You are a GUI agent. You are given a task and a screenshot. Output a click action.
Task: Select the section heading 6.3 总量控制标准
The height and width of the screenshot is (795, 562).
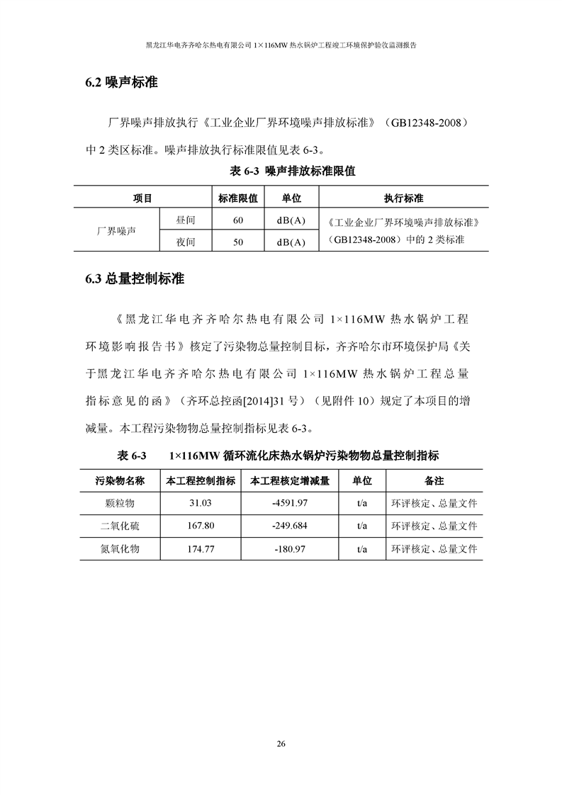[x=134, y=279]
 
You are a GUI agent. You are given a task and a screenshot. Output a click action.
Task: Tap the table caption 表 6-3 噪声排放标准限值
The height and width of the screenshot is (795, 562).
[x=293, y=171]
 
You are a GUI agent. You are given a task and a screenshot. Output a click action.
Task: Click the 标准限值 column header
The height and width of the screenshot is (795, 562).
[x=237, y=198]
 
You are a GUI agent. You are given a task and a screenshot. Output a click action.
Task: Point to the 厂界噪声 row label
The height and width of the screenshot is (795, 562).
[x=116, y=231]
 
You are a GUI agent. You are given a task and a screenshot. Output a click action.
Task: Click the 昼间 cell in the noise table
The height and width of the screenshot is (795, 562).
[x=185, y=220]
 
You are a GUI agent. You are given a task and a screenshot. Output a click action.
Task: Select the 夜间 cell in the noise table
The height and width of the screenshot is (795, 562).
[x=185, y=242]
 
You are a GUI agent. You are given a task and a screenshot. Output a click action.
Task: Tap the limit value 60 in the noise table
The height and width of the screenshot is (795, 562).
[x=237, y=220]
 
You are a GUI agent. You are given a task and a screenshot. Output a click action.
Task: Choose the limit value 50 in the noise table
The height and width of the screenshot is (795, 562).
[x=237, y=242]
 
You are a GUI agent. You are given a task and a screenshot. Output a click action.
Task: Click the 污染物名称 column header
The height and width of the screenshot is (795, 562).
[x=120, y=480]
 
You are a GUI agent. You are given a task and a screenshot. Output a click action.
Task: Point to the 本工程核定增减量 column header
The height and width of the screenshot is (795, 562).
[x=289, y=480]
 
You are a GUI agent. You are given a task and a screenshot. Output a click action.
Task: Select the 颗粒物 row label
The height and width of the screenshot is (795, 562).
[x=120, y=503]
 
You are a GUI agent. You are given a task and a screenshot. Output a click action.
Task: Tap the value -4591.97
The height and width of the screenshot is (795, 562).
[x=289, y=503]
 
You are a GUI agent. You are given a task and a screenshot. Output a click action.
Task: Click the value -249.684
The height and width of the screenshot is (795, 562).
[x=289, y=526]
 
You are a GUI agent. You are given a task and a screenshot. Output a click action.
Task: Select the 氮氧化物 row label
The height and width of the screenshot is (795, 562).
[x=120, y=548]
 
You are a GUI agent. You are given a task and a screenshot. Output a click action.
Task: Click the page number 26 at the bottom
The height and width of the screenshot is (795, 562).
[x=281, y=744]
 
